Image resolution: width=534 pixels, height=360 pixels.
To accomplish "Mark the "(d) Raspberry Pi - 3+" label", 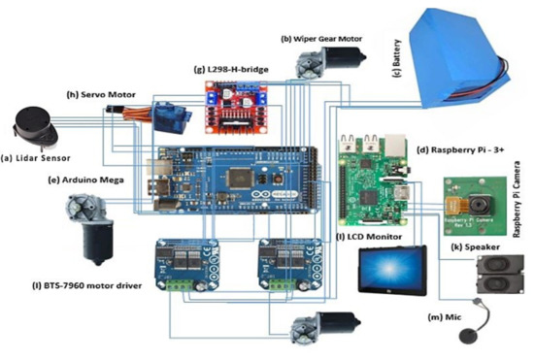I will click(x=464, y=149).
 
